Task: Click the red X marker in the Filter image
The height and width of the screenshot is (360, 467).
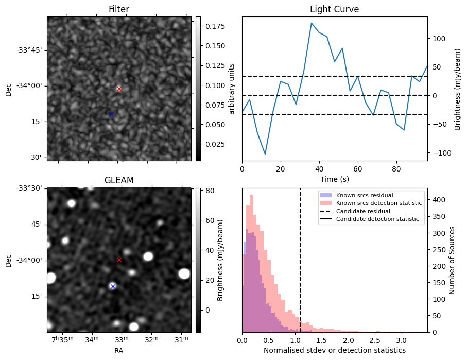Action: point(119,89)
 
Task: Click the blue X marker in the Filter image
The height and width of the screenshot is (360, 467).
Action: point(111,114)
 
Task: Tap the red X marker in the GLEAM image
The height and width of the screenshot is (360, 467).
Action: point(119,260)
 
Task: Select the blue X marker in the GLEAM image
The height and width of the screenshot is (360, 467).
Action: point(113,286)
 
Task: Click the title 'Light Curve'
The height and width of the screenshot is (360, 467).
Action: point(334,9)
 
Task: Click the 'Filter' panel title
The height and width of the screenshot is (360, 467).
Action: point(118,9)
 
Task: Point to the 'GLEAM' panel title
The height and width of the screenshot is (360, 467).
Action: point(118,180)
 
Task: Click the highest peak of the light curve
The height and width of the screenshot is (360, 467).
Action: point(312,23)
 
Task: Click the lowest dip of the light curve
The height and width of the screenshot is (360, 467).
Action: point(265,154)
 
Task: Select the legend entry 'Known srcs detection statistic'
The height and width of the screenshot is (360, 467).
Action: point(378,203)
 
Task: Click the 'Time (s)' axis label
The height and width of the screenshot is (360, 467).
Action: point(334,179)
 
